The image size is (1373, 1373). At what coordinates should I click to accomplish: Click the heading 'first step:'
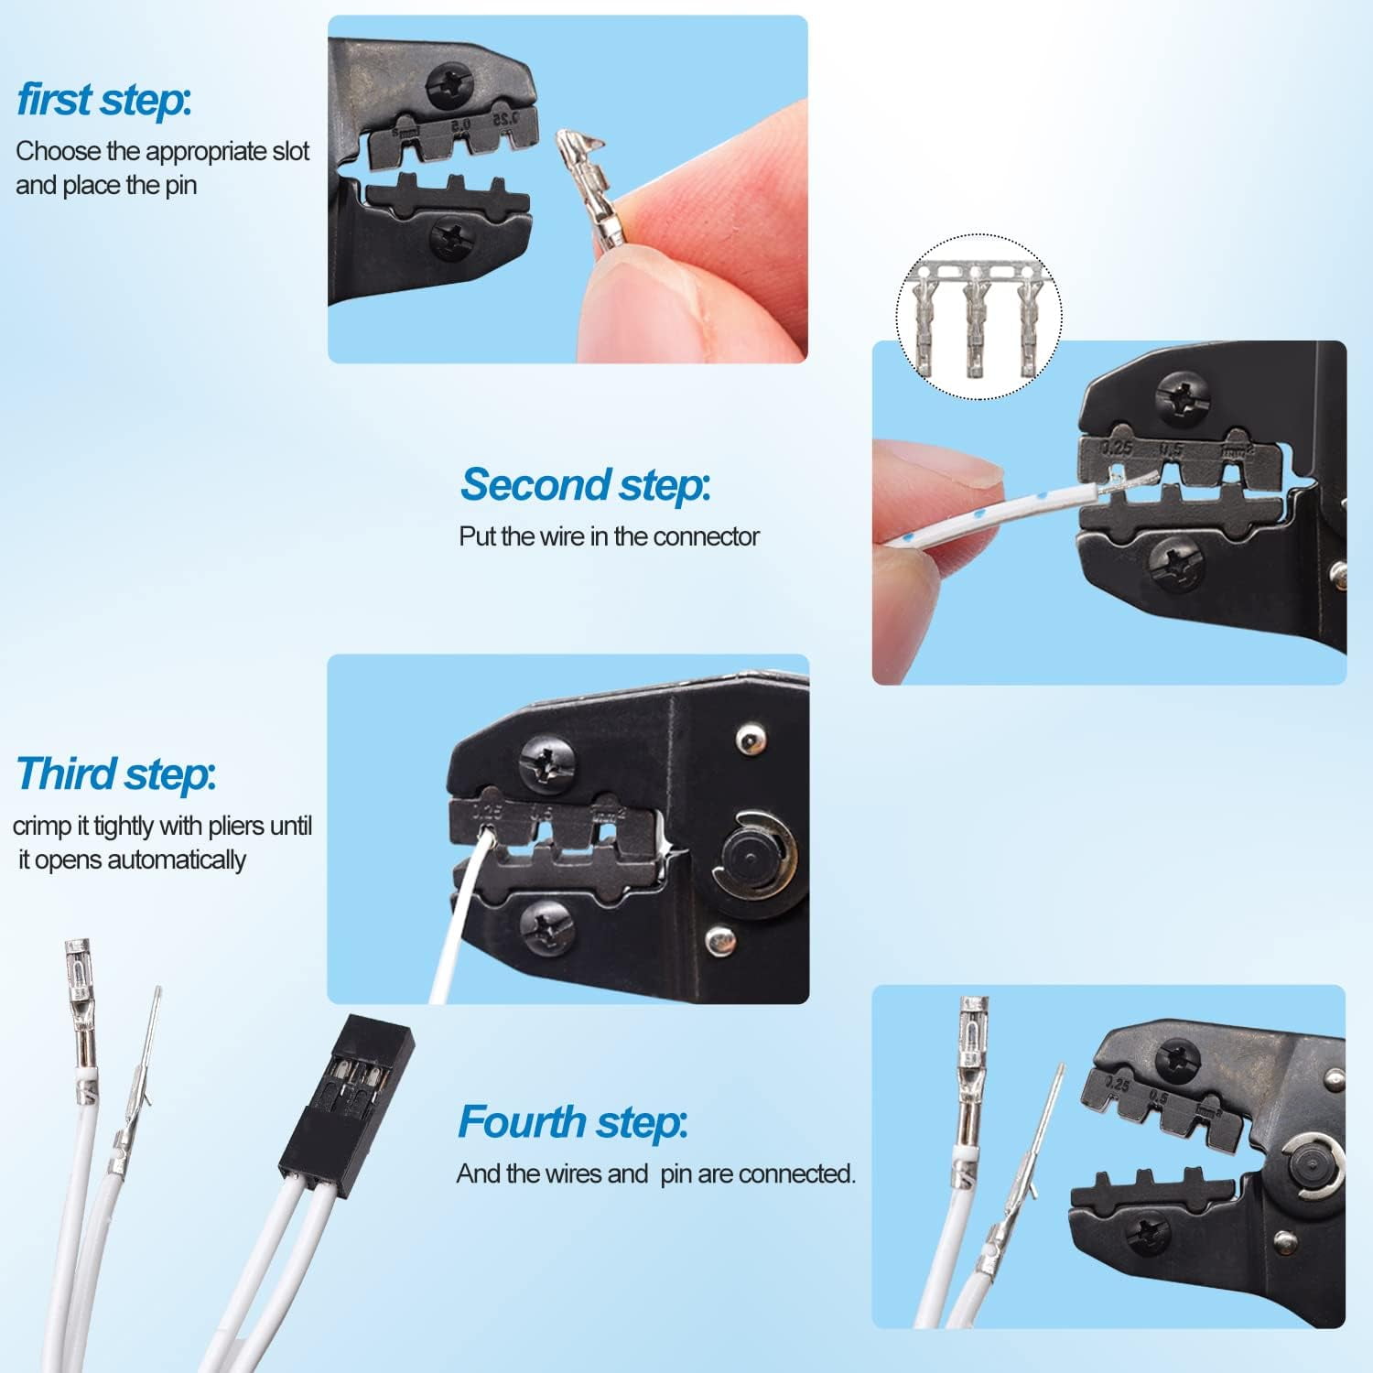(104, 100)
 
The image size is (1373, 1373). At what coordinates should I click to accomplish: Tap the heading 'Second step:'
(585, 484)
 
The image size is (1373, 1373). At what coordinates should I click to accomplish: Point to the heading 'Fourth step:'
(572, 1122)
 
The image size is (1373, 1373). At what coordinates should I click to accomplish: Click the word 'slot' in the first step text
(291, 151)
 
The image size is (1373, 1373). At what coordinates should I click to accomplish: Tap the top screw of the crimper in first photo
(449, 85)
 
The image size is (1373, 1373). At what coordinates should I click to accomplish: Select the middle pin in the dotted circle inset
(978, 316)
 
